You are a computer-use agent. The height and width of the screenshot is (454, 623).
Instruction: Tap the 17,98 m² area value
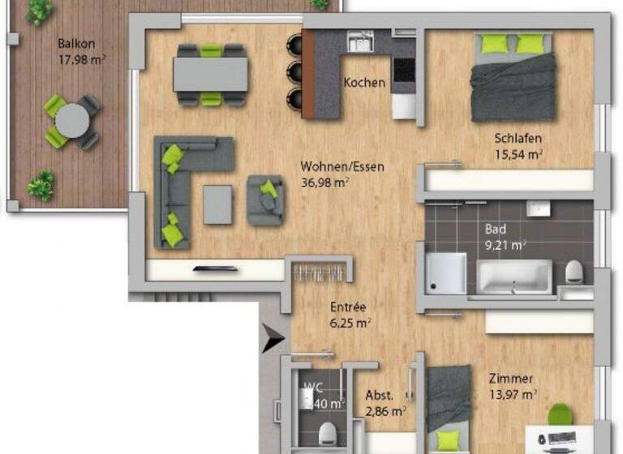pos(81,58)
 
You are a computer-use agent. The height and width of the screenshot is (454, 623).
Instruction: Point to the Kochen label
pos(364,83)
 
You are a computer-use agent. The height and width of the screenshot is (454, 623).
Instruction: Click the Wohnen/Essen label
pos(342,167)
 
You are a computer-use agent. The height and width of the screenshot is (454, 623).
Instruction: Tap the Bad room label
pos(495,229)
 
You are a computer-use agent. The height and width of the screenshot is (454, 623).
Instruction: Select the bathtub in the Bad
pos(513,277)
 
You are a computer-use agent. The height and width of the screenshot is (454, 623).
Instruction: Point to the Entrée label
pos(348,307)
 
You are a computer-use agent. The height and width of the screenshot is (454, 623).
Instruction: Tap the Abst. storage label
pos(380,396)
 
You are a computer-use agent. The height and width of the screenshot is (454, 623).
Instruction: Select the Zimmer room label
pos(510,379)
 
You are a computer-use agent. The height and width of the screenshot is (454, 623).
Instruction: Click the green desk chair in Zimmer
pos(560,414)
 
